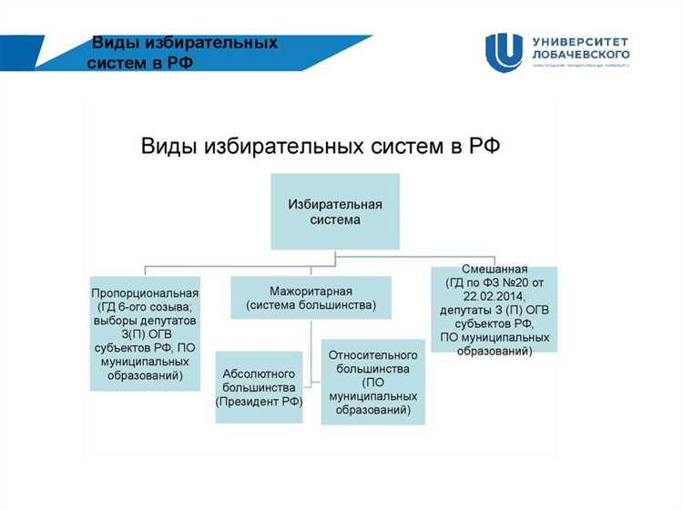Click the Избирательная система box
point(335,210)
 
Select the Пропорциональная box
point(145,333)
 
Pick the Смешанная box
point(494,311)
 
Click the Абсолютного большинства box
point(259,387)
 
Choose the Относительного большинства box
point(372,382)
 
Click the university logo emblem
point(504,52)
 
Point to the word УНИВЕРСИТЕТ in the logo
point(578,42)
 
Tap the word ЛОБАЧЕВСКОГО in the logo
point(580,55)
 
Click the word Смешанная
point(494,271)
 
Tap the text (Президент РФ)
point(259,401)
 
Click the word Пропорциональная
point(145,293)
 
